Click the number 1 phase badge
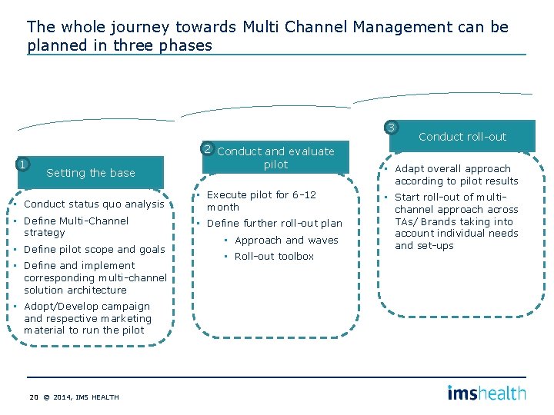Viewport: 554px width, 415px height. pyautogui.click(x=23, y=164)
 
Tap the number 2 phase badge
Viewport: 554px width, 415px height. pyautogui.click(x=207, y=148)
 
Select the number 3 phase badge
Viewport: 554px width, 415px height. pyautogui.click(x=392, y=128)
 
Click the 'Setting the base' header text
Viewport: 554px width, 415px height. pyautogui.click(x=90, y=173)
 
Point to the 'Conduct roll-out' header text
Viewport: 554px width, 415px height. pyautogui.click(x=462, y=137)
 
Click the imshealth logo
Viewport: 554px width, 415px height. pyautogui.click(x=486, y=393)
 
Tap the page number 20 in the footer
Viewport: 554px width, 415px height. pyautogui.click(x=33, y=397)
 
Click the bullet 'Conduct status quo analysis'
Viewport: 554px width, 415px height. pyautogui.click(x=94, y=204)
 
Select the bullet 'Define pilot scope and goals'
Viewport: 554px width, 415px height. pyautogui.click(x=94, y=249)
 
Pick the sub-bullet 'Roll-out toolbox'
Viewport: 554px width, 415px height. pyautogui.click(x=274, y=257)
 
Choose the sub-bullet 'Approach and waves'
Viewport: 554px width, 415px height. pyautogui.click(x=285, y=241)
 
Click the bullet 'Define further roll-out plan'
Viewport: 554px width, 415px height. pyautogui.click(x=274, y=224)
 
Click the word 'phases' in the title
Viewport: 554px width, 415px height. pyautogui.click(x=186, y=45)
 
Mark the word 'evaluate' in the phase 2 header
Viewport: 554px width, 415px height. pyautogui.click(x=309, y=151)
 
